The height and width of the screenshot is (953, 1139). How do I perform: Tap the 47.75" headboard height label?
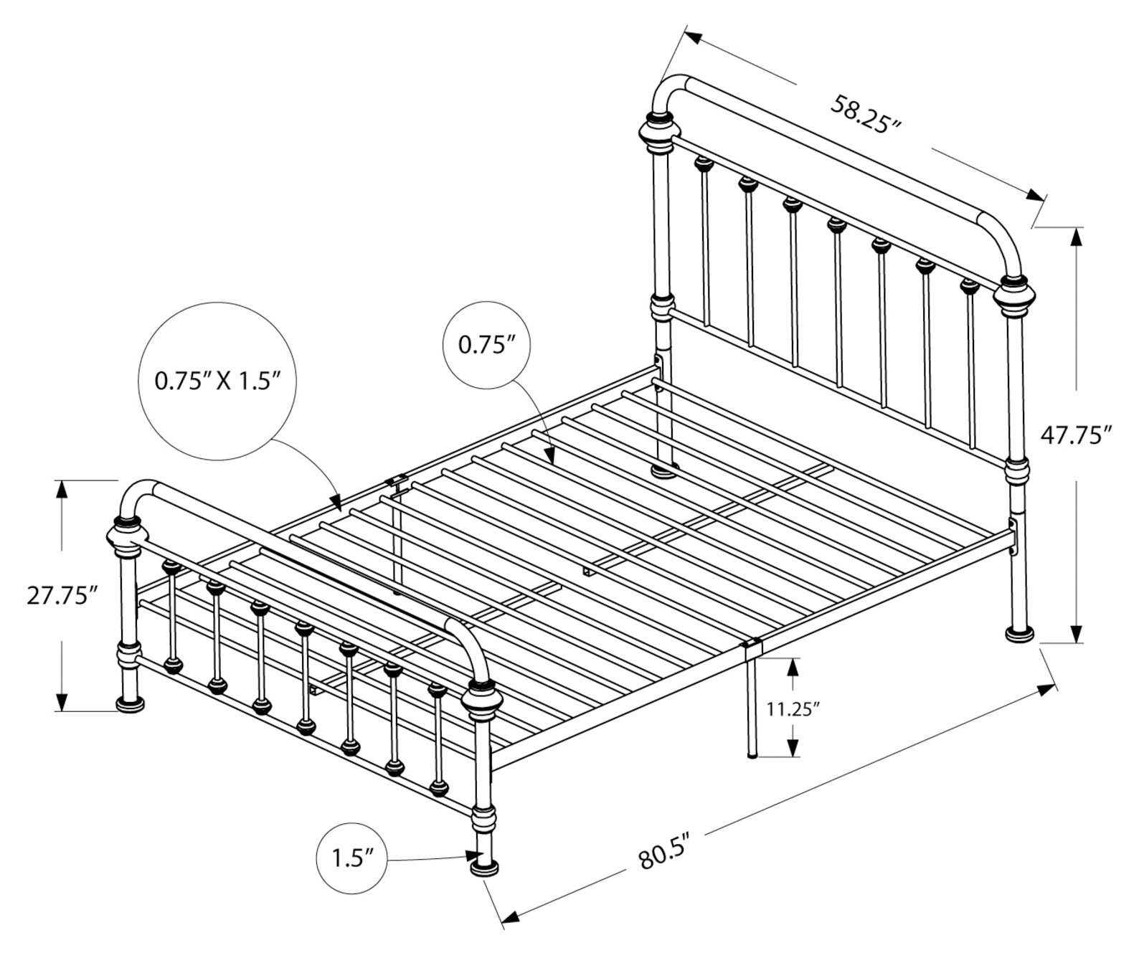[x=1075, y=435]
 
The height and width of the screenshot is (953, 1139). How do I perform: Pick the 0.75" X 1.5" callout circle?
[x=217, y=381]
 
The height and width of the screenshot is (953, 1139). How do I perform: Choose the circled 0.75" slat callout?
[x=486, y=345]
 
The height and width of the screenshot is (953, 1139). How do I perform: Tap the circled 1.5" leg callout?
[x=352, y=858]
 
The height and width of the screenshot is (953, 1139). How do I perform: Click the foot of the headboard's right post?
[x=1019, y=634]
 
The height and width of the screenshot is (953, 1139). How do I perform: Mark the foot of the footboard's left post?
[x=131, y=704]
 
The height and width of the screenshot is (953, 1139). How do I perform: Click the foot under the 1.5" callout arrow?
[x=484, y=868]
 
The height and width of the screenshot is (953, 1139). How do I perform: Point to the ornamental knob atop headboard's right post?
[x=1014, y=298]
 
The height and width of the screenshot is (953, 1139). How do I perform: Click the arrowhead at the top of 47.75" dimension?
[x=1076, y=238]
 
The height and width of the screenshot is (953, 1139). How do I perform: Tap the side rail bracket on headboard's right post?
[x=1012, y=539]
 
